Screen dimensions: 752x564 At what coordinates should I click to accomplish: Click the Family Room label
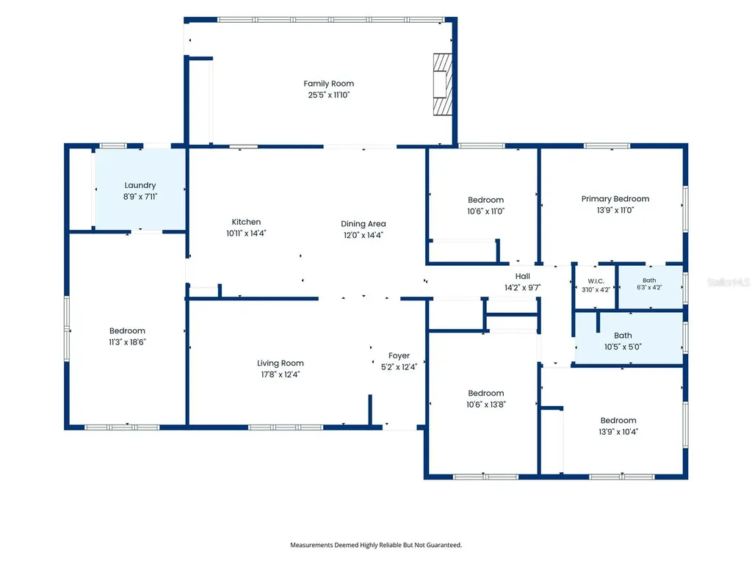pos(328,84)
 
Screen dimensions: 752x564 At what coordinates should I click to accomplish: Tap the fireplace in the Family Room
pos(443,84)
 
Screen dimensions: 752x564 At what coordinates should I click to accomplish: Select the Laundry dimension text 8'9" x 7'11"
pos(140,197)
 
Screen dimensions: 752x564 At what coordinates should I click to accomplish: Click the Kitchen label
pos(246,222)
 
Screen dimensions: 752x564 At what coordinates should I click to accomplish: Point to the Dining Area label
pos(363,224)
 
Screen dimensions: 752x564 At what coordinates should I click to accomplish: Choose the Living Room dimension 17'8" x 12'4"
pos(280,375)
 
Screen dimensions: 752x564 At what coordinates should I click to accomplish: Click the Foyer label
pos(399,356)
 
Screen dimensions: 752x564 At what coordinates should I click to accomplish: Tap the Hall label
pos(523,276)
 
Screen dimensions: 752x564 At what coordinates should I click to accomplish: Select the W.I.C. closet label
pos(596,281)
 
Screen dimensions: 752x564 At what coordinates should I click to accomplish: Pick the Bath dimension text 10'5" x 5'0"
pos(623,347)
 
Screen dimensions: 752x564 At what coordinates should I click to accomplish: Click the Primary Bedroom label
pos(615,199)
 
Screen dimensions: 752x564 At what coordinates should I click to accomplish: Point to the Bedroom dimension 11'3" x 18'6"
pos(127,342)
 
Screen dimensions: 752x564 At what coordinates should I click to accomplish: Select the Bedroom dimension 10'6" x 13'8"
pos(486,405)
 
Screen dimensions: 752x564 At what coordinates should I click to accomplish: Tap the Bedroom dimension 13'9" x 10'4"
pos(618,432)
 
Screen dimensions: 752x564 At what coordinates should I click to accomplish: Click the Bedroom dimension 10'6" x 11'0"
pos(486,211)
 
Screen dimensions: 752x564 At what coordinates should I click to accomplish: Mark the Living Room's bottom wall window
pos(286,427)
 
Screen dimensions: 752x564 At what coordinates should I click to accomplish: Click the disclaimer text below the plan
pos(376,545)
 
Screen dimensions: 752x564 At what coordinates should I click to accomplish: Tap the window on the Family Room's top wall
pos(331,20)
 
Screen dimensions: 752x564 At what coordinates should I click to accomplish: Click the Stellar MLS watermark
pos(729,282)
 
